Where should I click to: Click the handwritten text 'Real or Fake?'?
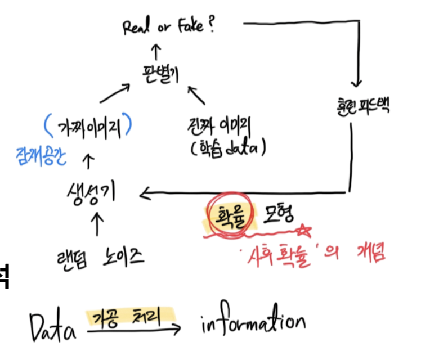(169, 27)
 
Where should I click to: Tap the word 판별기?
(160, 74)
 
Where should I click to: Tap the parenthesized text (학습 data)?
(227, 147)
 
